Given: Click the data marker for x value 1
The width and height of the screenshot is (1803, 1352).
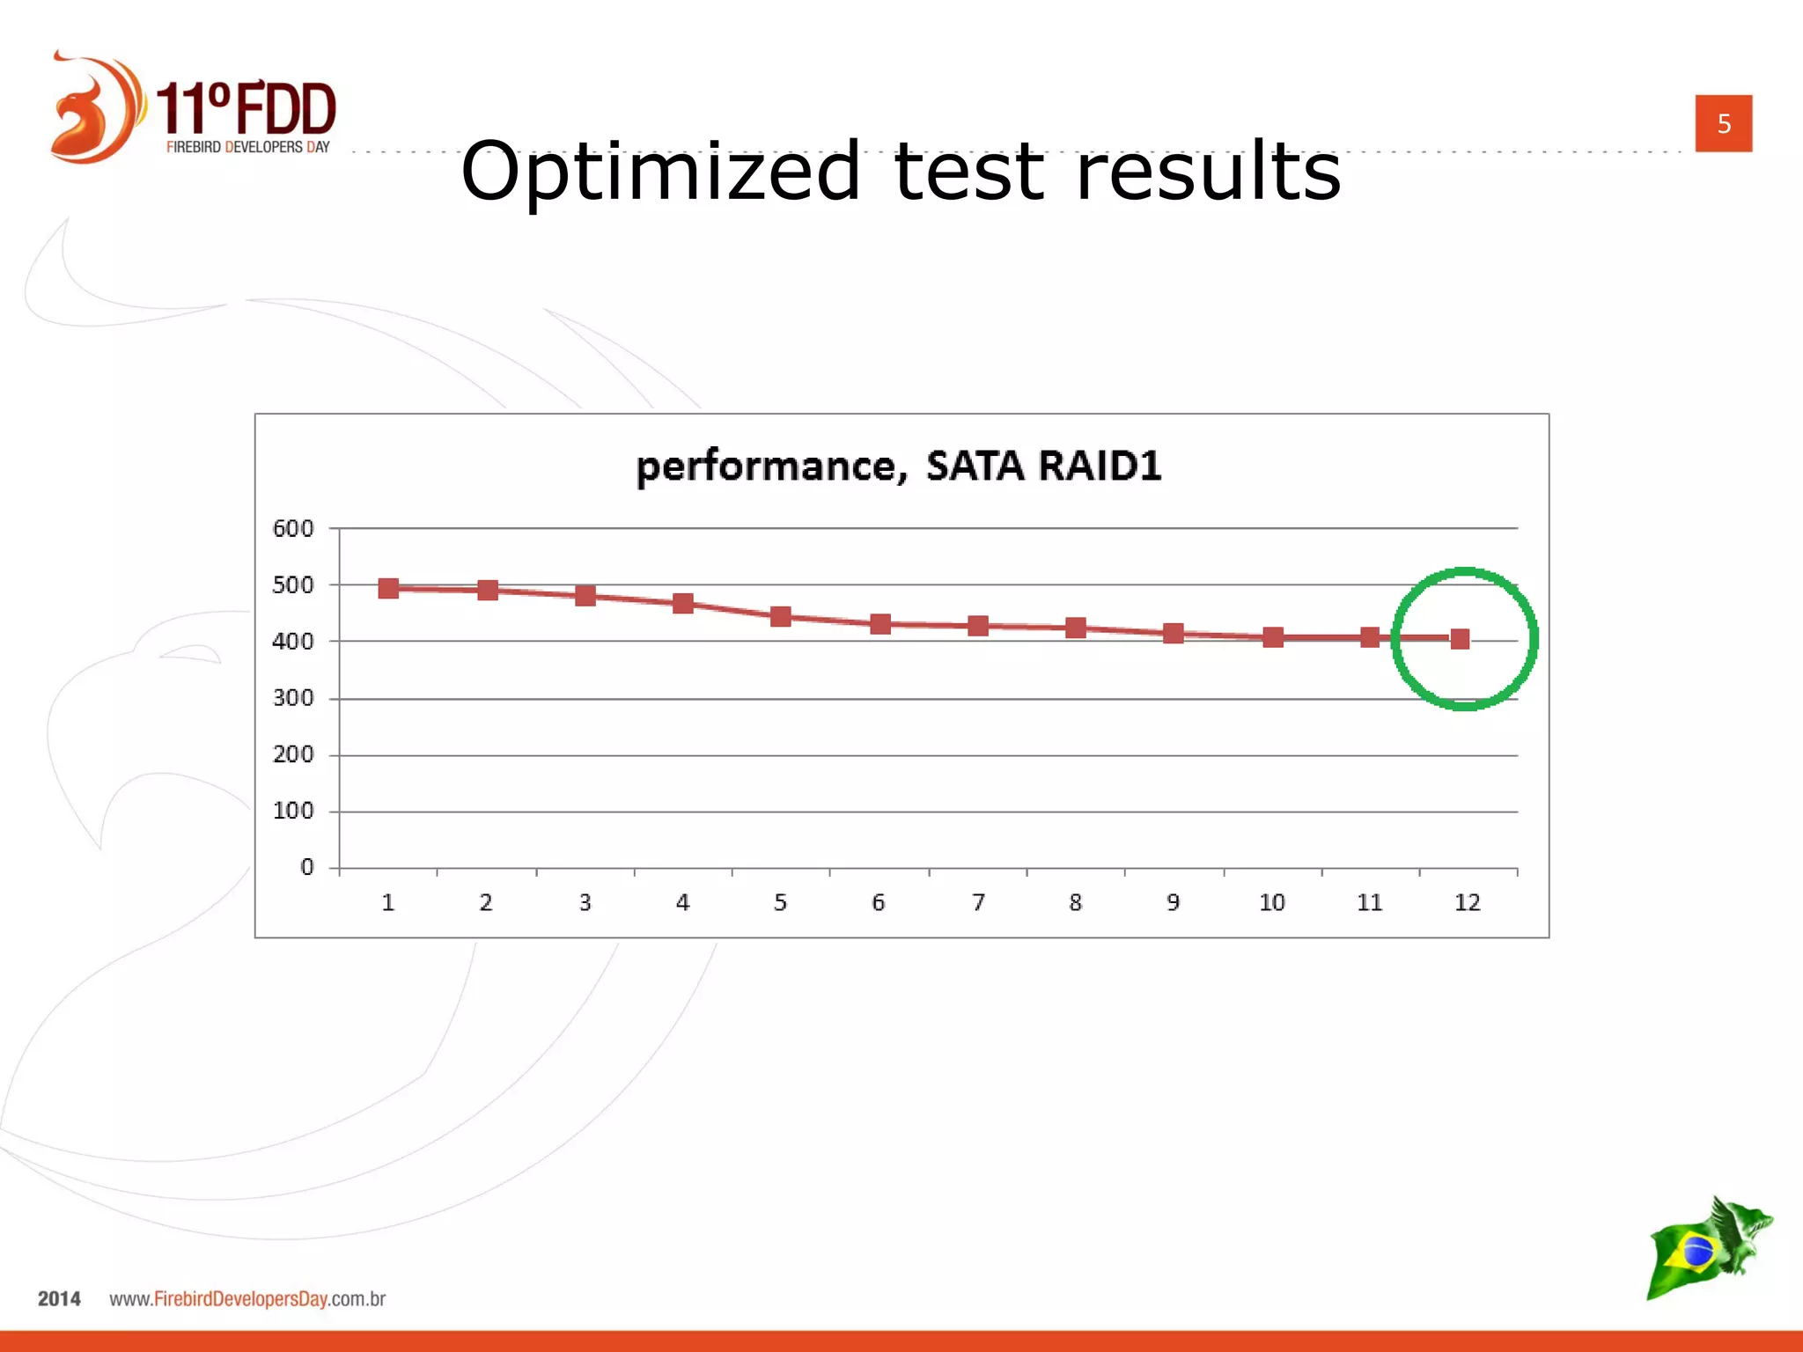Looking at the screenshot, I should (388, 588).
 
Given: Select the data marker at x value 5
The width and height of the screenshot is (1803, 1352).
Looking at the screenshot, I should (780, 616).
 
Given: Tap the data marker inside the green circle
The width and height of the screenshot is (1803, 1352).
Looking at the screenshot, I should (1460, 638).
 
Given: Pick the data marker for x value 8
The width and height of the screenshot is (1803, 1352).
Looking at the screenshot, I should (1075, 628).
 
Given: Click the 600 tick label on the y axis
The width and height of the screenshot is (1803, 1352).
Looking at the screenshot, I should (292, 528).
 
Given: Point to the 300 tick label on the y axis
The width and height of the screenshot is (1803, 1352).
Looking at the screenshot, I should (292, 698).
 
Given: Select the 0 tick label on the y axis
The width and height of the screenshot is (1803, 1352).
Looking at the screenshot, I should (306, 867).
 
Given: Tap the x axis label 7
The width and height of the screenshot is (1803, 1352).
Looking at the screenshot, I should (977, 902).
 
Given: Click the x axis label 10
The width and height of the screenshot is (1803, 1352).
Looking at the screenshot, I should (1271, 902).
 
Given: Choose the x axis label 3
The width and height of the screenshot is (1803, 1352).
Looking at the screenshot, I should (585, 902).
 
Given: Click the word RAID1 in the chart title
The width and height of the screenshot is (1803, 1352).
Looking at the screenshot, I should (1100, 466).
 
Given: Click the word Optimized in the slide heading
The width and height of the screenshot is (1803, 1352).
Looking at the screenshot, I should (660, 172).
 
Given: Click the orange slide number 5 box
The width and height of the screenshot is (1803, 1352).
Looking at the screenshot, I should (1723, 123).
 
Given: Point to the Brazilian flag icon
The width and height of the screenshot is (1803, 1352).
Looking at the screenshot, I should (1695, 1251).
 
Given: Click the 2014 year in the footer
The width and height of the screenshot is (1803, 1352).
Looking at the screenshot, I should (59, 1298).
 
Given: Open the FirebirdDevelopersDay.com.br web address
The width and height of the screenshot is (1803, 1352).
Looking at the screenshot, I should (247, 1298).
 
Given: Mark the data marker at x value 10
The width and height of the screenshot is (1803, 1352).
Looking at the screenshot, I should (1272, 636).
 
